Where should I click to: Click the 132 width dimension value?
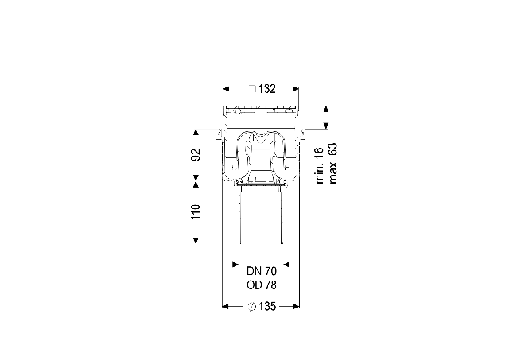coord(267,89)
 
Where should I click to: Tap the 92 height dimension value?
coord(196,154)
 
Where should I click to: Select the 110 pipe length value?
coord(196,211)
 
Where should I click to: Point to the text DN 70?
coord(262,271)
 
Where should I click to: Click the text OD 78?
coord(262,285)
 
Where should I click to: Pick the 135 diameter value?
coord(267,306)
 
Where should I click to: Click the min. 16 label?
coord(320,165)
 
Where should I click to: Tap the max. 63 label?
coord(332,164)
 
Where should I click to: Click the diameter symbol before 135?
coord(252,307)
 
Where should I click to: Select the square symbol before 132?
coord(253,88)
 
